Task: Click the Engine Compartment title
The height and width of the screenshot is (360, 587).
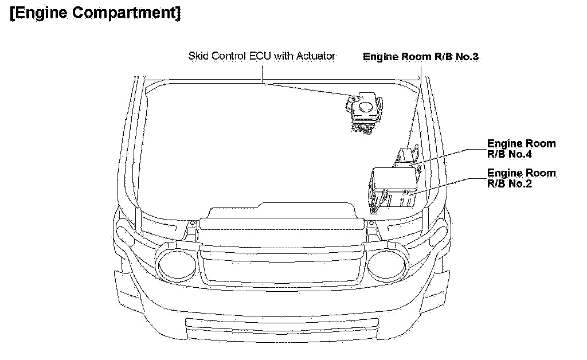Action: click(95, 13)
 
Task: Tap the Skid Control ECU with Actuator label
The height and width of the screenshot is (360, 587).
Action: click(261, 56)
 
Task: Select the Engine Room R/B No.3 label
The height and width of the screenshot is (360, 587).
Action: click(420, 57)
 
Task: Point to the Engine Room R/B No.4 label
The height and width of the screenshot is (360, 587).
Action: click(521, 148)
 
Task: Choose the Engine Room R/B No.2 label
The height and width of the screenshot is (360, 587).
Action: click(521, 178)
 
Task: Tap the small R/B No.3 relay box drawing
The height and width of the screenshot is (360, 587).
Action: click(407, 155)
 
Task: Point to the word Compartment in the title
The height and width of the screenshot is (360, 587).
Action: click(130, 13)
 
